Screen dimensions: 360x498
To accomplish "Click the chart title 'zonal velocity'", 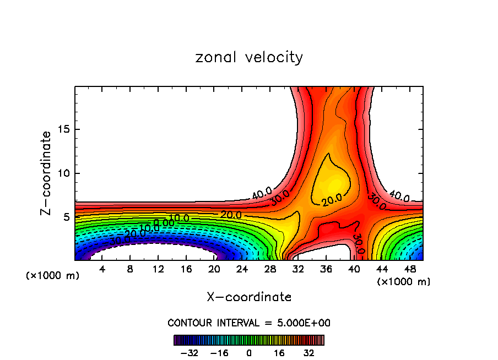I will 249,57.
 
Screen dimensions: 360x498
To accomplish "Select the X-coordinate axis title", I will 249,297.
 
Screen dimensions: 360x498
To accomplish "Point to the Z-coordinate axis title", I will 47,173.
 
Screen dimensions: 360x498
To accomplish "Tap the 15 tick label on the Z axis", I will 62,129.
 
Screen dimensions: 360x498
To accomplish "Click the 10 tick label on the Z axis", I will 62,173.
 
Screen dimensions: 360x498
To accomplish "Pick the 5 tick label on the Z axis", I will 64,217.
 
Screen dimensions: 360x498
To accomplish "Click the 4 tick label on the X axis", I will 102,270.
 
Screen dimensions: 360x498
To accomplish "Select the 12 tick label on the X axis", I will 158,270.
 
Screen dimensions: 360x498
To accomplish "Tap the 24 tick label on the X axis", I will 242,270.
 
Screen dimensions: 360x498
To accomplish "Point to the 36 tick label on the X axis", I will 326,270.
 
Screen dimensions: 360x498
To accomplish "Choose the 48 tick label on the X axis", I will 409,270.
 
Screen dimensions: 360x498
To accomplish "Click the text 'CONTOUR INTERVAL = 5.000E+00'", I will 249,323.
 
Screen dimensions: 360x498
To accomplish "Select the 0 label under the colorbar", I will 249,352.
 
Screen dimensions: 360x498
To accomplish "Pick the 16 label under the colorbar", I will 279,352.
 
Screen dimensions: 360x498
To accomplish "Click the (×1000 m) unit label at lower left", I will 53,276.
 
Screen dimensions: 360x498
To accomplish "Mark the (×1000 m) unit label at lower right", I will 403,282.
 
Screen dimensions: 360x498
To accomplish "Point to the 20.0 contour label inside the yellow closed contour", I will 332,200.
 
